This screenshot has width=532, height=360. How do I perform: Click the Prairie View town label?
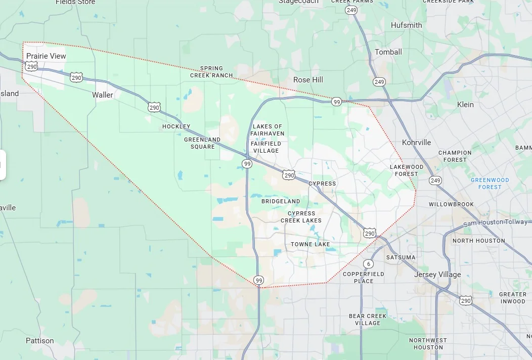coord(46,56)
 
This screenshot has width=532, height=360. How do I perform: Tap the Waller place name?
coord(103,95)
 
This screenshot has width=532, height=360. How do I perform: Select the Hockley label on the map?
coord(176,126)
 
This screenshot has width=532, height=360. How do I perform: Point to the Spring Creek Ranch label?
coord(211,72)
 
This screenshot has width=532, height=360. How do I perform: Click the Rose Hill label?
coord(308,80)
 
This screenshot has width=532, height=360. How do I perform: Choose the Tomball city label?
coord(388,52)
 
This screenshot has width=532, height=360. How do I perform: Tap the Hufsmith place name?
coord(406,25)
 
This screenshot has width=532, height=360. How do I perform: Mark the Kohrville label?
coord(416,143)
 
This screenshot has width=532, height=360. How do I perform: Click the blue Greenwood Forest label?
coord(490,183)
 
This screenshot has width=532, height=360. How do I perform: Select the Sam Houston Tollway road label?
coord(496,222)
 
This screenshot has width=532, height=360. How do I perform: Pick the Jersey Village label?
coord(437,275)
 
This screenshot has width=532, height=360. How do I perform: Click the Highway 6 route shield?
coord(369,264)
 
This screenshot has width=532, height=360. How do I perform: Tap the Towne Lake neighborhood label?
coord(310,244)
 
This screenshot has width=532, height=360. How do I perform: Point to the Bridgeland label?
coord(281,201)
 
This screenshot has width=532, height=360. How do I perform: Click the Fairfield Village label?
coord(265,147)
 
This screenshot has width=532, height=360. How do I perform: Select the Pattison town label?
coord(40,341)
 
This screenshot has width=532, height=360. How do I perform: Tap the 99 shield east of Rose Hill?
coord(336,102)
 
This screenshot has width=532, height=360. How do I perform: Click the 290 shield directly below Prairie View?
coord(32,67)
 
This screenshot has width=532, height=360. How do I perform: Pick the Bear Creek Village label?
coord(368,320)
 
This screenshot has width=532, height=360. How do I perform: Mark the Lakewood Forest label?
coord(407,170)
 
